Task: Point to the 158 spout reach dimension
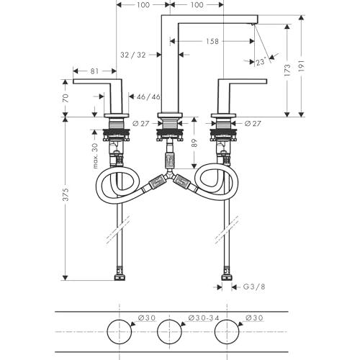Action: [x=212, y=41]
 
